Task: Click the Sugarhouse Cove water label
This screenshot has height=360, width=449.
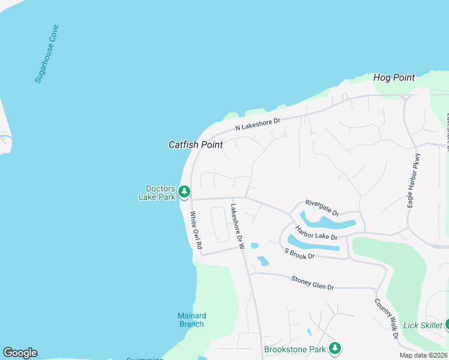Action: pyautogui.click(x=46, y=53)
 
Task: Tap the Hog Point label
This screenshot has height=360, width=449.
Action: pyautogui.click(x=394, y=77)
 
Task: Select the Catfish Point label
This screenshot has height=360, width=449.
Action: pyautogui.click(x=196, y=145)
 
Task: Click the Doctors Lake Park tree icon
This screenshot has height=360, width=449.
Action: pyautogui.click(x=184, y=192)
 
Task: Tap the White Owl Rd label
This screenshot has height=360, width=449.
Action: pyautogui.click(x=196, y=230)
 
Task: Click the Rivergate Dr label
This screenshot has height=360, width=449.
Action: pyautogui.click(x=322, y=208)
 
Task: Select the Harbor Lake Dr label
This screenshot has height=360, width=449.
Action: pyautogui.click(x=316, y=232)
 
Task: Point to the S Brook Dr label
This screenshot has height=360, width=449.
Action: pyautogui.click(x=300, y=253)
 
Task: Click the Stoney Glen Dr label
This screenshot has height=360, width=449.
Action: pyautogui.click(x=312, y=283)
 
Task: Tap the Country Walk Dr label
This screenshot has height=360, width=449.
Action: pyautogui.click(x=387, y=319)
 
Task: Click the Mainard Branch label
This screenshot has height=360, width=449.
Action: pyautogui.click(x=192, y=320)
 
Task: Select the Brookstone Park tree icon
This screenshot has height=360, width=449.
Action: pyautogui.click(x=335, y=348)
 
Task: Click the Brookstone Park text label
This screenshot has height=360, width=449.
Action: pyautogui.click(x=294, y=349)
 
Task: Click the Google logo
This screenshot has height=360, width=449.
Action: pyautogui.click(x=20, y=353)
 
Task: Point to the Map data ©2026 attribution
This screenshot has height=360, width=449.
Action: pyautogui.click(x=423, y=355)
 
